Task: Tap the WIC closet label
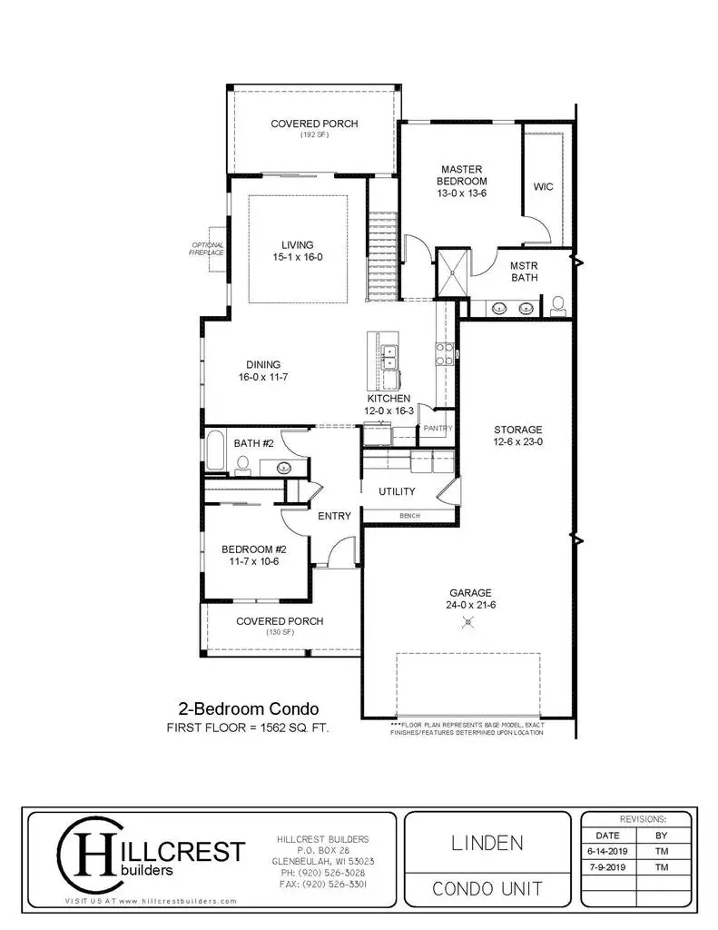(x=543, y=186)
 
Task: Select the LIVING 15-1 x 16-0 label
(x=297, y=251)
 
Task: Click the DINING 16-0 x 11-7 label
(x=262, y=371)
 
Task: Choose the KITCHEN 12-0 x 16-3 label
(x=389, y=404)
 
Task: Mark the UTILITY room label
(x=397, y=491)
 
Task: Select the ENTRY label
(x=334, y=516)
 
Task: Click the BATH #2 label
(x=254, y=443)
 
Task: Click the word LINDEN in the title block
(x=487, y=842)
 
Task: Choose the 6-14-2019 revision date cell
(x=608, y=852)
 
